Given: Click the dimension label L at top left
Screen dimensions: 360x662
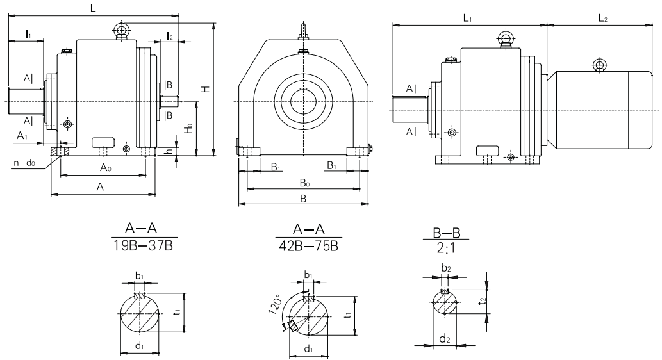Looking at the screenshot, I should click(x=94, y=8).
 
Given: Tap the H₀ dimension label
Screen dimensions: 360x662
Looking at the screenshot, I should click(x=188, y=129).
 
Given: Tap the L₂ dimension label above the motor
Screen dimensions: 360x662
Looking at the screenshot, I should click(x=603, y=20).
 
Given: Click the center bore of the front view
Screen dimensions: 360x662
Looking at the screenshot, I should click(x=304, y=102).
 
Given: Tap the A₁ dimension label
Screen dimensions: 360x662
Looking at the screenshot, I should click(x=23, y=136).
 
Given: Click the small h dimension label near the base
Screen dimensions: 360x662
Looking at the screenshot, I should click(x=168, y=151).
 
